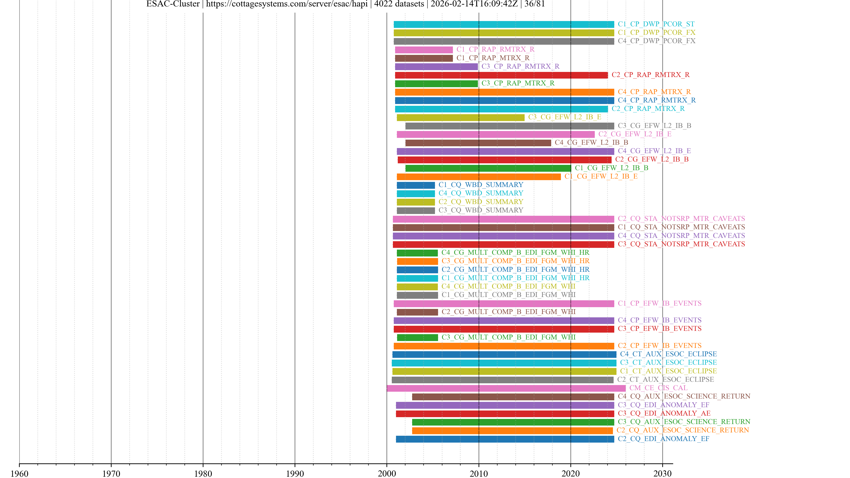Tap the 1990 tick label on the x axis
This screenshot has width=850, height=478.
click(295, 473)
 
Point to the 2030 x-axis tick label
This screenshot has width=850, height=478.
click(662, 473)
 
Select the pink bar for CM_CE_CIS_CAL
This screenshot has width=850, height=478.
click(506, 388)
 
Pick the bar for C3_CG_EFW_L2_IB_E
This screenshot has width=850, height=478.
click(460, 118)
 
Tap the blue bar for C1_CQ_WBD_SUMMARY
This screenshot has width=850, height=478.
click(416, 185)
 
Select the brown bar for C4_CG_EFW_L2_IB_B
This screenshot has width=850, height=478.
click(478, 143)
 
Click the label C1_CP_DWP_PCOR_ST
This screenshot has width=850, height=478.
click(656, 24)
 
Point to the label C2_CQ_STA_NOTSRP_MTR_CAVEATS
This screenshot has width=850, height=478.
click(681, 219)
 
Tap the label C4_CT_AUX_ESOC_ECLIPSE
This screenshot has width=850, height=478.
click(668, 354)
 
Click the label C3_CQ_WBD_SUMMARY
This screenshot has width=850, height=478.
click(481, 210)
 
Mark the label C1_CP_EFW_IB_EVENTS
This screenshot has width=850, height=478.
click(660, 303)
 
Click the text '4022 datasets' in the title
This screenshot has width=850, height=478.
click(399, 4)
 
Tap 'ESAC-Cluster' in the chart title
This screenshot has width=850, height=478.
click(173, 4)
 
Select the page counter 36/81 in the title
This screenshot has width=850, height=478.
click(535, 4)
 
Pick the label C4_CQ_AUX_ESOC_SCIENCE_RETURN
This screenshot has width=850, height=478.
click(684, 396)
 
